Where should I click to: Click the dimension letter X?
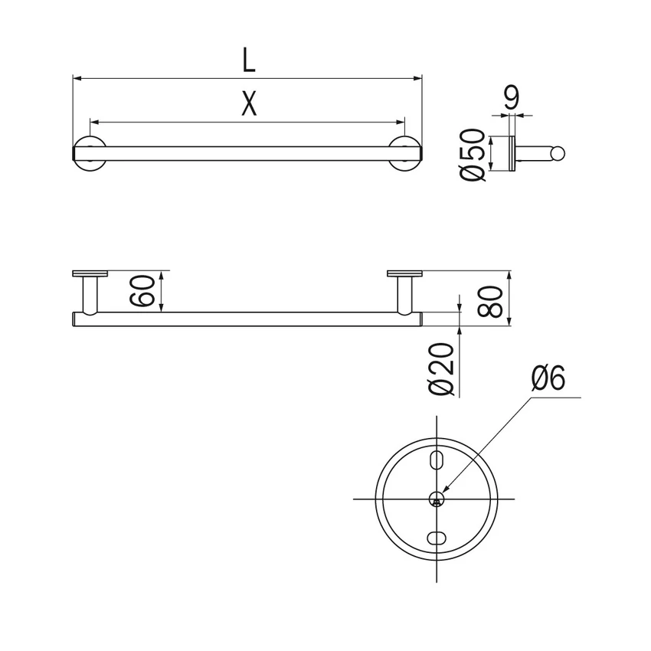[247, 104]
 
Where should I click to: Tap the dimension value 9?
[512, 98]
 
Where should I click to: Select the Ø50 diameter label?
[475, 155]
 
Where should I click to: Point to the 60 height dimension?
[148, 291]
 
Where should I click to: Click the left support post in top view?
[90, 294]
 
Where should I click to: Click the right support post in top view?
[404, 294]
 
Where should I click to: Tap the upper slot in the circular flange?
[436, 459]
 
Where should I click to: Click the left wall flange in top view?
[90, 273]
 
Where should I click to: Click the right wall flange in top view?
[404, 273]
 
